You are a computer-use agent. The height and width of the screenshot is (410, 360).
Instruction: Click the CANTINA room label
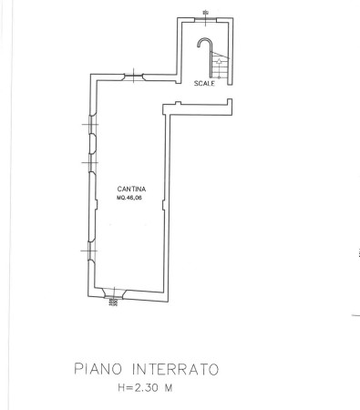tap(131, 189)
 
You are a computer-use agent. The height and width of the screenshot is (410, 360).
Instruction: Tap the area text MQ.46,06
tap(129, 198)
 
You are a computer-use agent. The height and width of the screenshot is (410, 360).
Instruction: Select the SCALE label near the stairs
tap(204, 83)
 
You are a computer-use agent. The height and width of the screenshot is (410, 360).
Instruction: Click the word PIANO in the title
tap(98, 369)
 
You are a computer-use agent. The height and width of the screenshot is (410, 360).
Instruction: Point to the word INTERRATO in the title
tap(176, 369)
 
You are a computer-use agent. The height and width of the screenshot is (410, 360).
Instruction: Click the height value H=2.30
tap(139, 387)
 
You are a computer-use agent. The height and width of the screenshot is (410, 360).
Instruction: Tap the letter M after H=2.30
tap(169, 387)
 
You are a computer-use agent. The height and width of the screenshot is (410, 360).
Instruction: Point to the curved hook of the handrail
tap(204, 39)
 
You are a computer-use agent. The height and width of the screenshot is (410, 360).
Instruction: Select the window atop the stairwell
tap(205, 20)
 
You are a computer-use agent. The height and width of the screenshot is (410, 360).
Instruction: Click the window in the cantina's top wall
tap(134, 77)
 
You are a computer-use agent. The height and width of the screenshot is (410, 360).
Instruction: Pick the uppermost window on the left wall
tap(91, 125)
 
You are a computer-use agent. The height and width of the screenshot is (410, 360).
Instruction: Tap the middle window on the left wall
tap(91, 163)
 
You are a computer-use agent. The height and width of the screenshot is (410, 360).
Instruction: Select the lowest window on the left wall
tap(90, 251)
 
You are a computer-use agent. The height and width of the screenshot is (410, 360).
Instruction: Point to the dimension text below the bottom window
tap(113, 302)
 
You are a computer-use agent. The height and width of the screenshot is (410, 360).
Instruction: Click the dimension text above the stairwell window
tap(206, 13)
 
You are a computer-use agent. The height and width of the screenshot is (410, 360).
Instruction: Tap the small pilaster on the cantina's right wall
tap(164, 205)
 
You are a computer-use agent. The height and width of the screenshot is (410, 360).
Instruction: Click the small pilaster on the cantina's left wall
tap(96, 204)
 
